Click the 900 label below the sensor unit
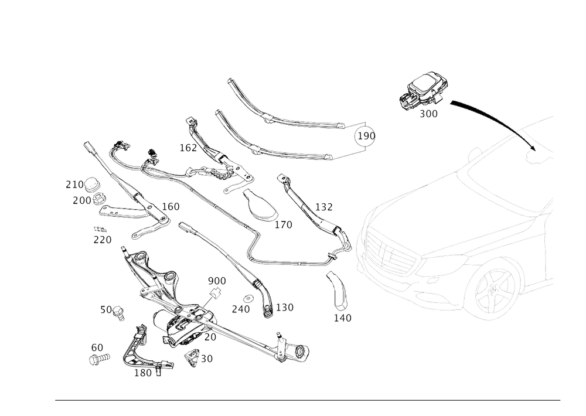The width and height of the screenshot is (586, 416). coord(429,115)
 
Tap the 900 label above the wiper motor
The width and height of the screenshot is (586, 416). coord(217,282)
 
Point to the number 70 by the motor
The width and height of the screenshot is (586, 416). coord(210,337)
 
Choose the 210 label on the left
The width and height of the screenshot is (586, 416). coord(74,184)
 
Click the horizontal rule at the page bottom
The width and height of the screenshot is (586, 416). coord(308,401)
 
